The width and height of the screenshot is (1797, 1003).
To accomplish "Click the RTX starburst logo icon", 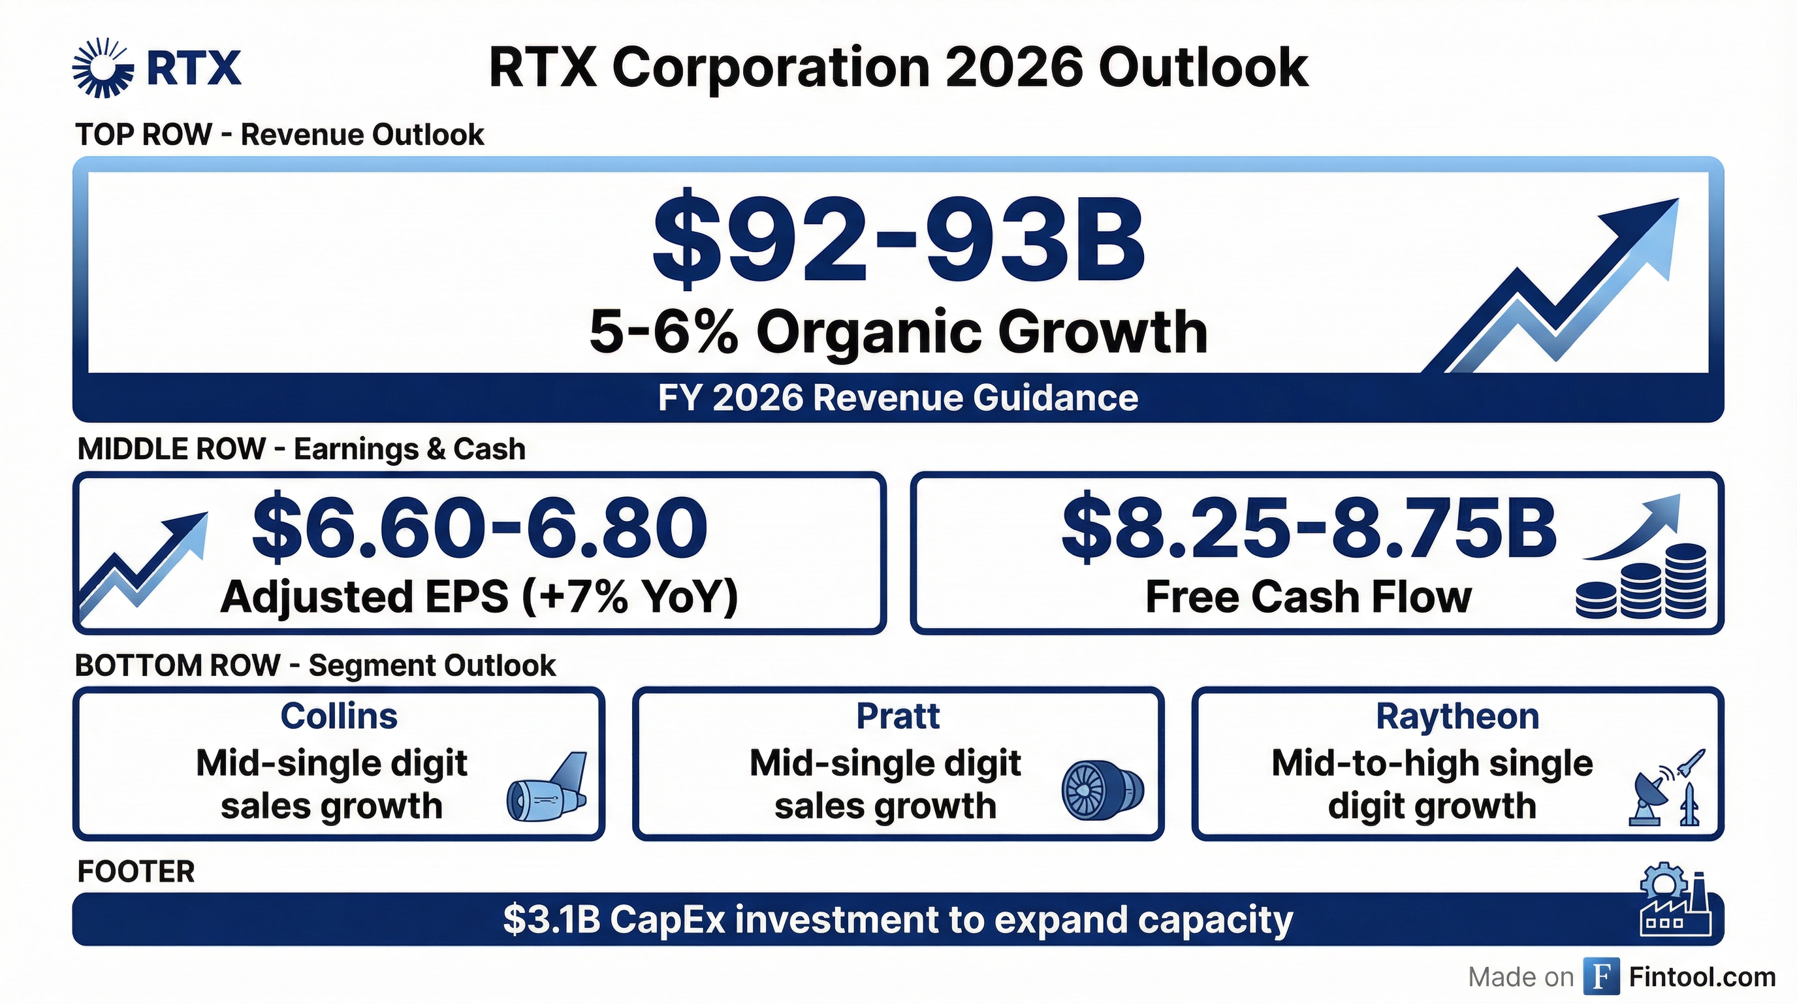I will (103, 68).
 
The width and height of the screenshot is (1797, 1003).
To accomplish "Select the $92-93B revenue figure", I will (898, 242).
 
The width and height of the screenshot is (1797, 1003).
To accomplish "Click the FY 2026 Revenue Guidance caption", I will (898, 398).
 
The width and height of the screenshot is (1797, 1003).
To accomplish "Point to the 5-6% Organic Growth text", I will (898, 333).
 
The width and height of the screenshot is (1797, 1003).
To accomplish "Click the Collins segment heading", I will (339, 716).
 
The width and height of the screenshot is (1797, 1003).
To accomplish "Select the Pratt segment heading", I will (898, 716).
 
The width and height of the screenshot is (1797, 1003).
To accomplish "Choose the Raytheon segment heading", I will (1457, 716).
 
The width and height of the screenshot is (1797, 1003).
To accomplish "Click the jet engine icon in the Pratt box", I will (1102, 790).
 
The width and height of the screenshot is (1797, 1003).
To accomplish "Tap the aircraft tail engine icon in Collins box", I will (547, 788).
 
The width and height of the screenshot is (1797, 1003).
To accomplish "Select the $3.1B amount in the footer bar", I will (551, 920).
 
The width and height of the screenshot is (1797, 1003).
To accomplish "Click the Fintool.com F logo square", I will (1601, 976).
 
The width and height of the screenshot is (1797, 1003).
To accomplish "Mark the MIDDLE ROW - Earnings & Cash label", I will (302, 449).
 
